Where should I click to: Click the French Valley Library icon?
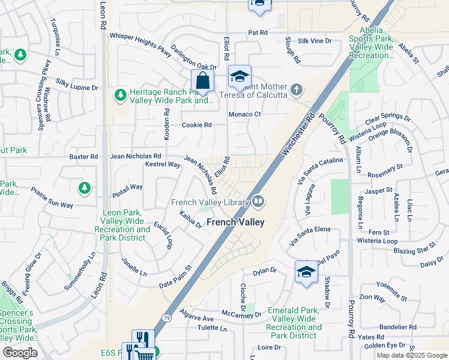coord(258,201)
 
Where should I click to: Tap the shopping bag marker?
coord(203,80)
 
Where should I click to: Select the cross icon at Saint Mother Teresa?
coord(295,90)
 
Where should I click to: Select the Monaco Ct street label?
coord(244,114)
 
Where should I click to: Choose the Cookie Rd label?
coord(197,125)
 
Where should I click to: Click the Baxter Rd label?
coord(83,157)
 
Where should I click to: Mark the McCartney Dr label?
coord(241,314)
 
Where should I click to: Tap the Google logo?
coord(20,353)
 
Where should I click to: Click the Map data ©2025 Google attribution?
coord(412,355)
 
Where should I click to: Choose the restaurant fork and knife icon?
coord(143,338)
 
